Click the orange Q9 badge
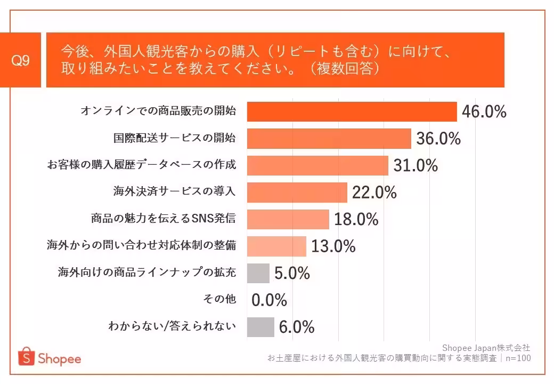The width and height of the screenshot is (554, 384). click(x=21, y=60)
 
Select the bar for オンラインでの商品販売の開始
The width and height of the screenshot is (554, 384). click(x=352, y=111)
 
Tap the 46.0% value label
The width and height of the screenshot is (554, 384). click(x=484, y=112)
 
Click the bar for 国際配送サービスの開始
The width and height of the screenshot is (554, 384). click(x=329, y=139)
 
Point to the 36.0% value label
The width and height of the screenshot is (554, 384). click(x=438, y=139)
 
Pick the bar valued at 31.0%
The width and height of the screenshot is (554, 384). click(x=318, y=165)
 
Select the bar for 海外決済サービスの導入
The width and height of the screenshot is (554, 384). click(x=297, y=193)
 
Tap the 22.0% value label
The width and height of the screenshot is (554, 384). click(x=374, y=193)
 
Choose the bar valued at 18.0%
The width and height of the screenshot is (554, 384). click(x=288, y=219)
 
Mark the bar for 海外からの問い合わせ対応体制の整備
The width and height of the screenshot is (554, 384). click(x=277, y=246)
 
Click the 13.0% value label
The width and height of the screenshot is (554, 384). click(x=333, y=246)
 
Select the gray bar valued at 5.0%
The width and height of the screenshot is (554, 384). click(x=258, y=273)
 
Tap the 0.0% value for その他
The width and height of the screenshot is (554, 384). click(x=269, y=300)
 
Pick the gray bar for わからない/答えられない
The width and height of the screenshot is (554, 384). click(x=260, y=327)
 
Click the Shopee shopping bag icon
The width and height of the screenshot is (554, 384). click(x=26, y=358)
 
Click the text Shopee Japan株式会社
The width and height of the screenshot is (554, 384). click(x=486, y=348)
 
